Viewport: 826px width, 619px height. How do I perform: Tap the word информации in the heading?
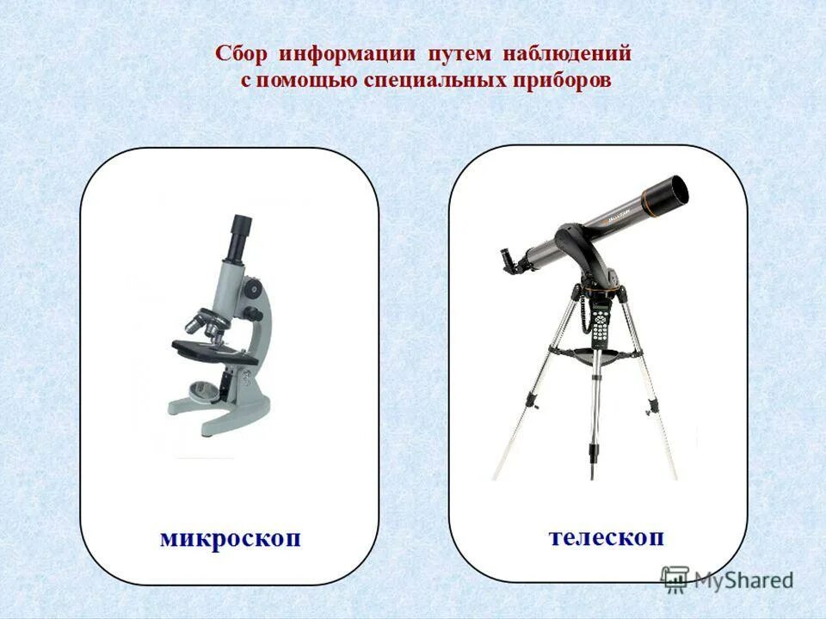click(345, 53)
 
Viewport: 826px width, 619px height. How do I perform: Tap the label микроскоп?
click(231, 539)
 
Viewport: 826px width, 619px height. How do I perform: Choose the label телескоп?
click(607, 536)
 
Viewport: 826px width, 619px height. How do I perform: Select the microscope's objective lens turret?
click(206, 321)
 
